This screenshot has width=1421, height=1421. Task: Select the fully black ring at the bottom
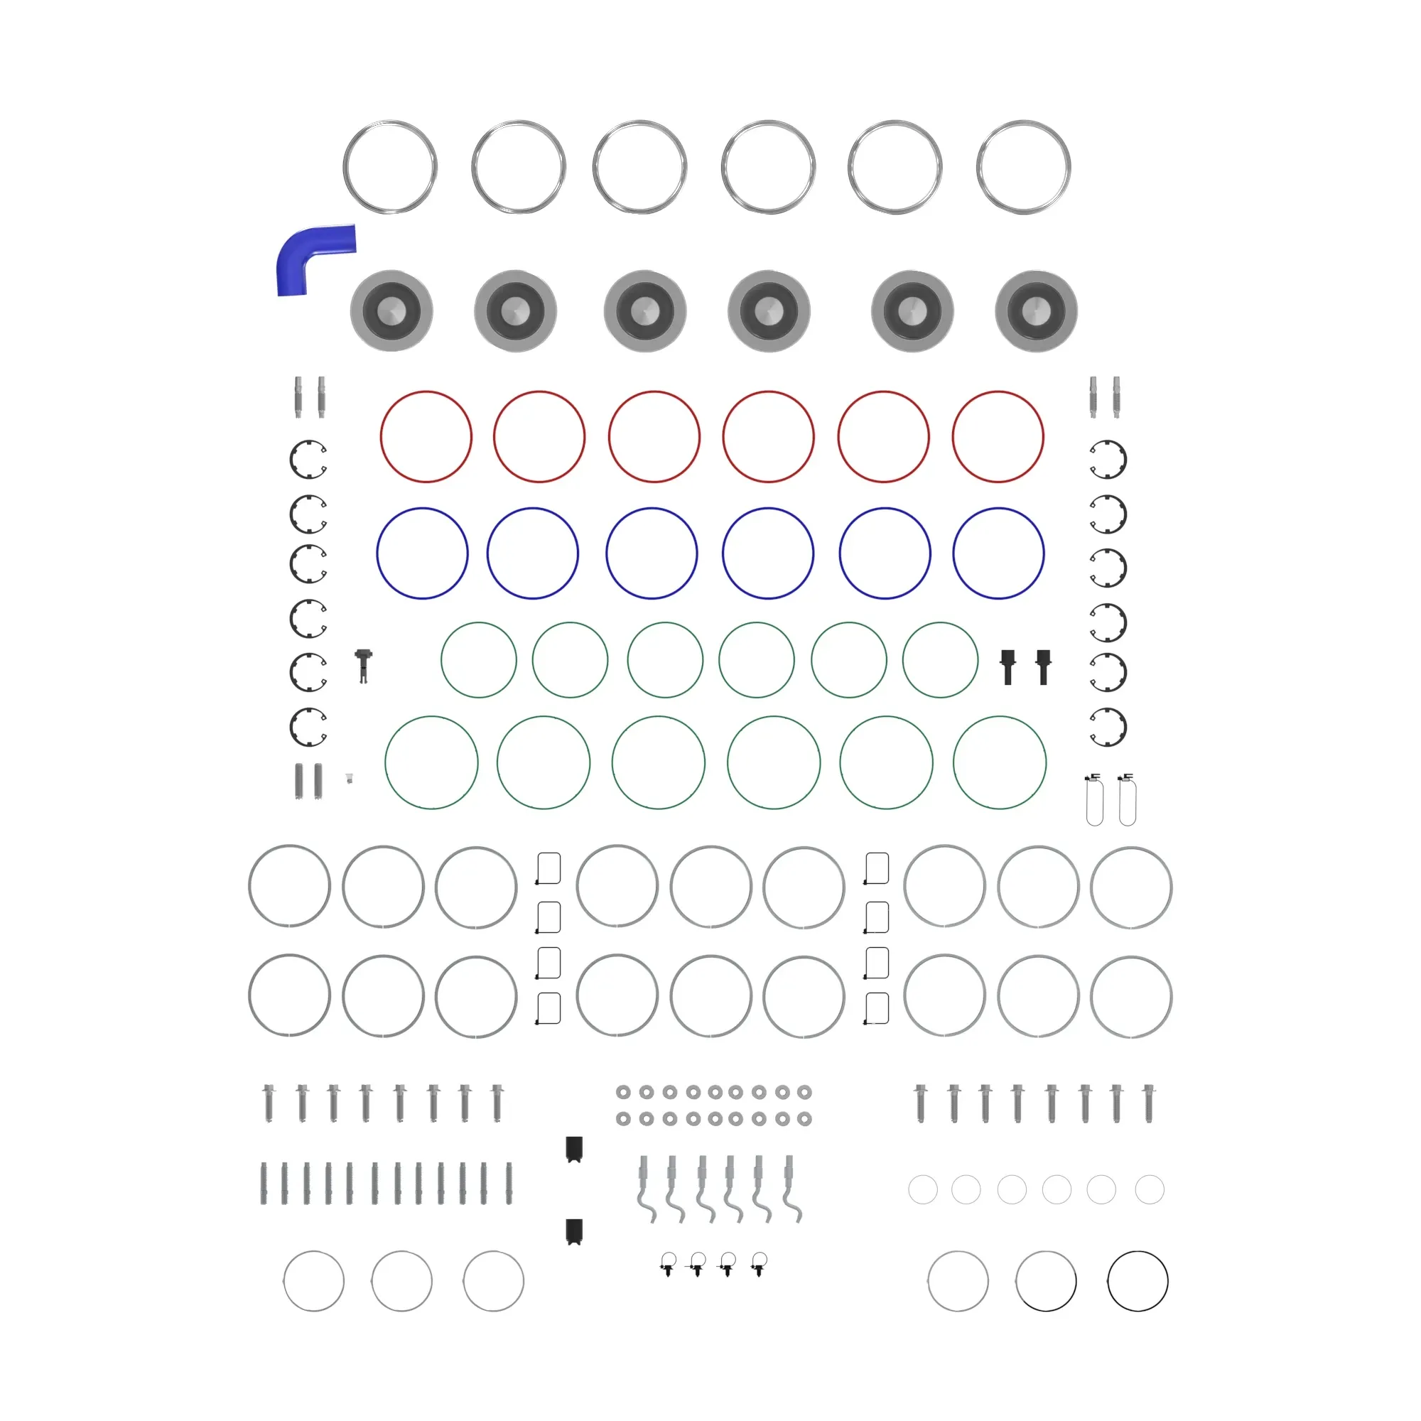coord(1137,1280)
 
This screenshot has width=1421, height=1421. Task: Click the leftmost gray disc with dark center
coord(391,310)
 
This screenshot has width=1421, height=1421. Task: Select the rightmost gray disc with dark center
coord(1036,310)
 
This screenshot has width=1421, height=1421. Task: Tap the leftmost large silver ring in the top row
coord(390,167)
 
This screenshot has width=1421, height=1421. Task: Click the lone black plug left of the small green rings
coord(363,664)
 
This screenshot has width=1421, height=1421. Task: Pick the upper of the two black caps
coord(573,1149)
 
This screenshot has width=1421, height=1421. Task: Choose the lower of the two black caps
coord(573,1231)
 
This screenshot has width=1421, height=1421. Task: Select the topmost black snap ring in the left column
coord(308,459)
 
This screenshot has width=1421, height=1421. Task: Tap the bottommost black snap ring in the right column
coord(1108,727)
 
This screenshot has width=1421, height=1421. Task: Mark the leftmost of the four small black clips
coord(668,1265)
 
